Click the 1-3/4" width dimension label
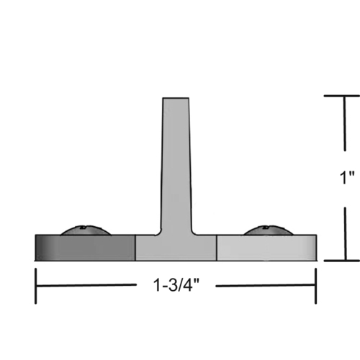175,285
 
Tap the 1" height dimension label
347,178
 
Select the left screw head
85,230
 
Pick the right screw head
267,230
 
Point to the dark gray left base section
85,247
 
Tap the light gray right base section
266,247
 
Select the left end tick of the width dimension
37,286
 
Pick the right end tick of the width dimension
315,286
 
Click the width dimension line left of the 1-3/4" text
86,286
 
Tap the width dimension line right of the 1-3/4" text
266,286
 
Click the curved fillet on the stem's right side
198,230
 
